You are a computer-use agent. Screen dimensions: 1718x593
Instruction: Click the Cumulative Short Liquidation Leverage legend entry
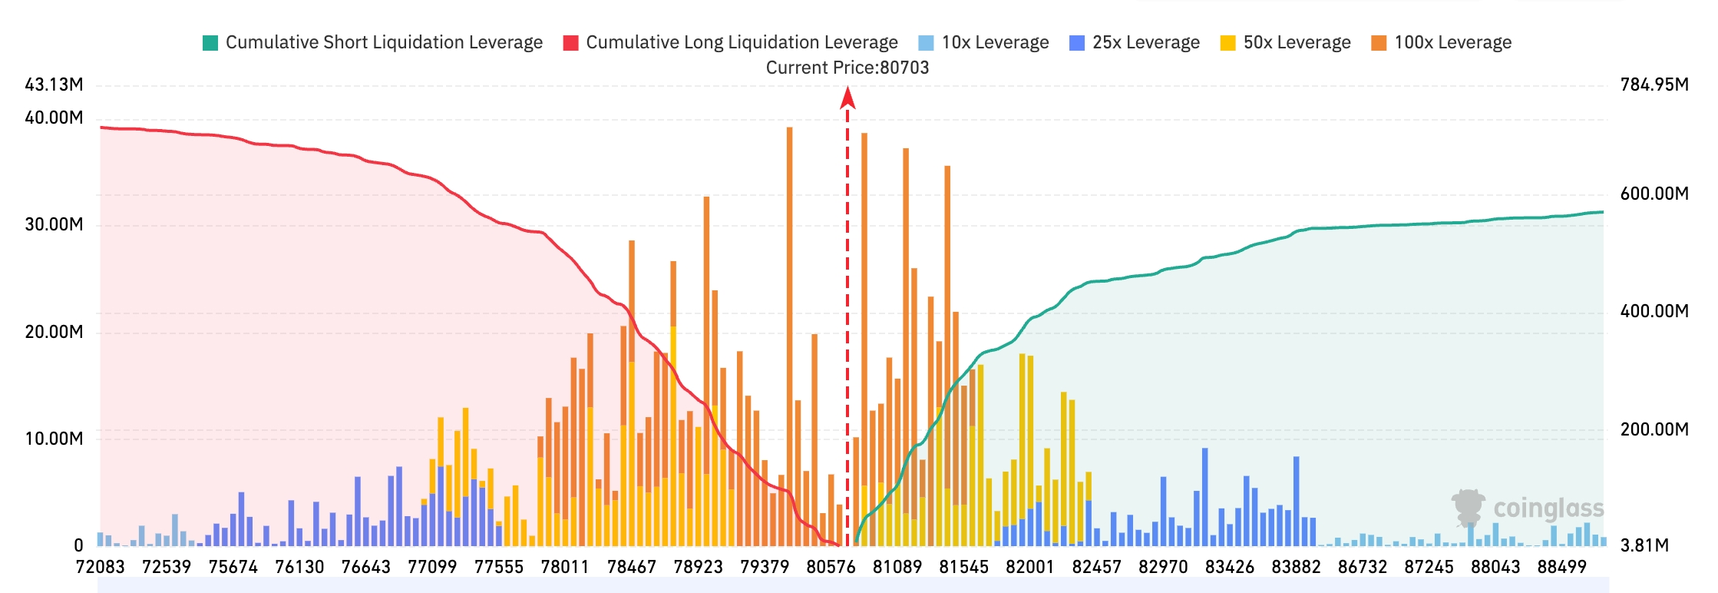[x=372, y=42]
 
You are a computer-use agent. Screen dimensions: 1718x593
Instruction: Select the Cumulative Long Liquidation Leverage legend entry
[x=730, y=42]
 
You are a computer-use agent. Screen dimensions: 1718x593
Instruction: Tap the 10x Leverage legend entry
[x=983, y=42]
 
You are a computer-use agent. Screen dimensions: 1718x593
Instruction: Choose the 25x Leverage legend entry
[x=1134, y=42]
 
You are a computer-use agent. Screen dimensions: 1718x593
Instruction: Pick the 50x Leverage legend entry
[x=1285, y=42]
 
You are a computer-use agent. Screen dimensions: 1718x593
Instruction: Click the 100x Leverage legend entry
[x=1441, y=42]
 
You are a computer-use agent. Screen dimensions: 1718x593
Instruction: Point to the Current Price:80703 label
[x=847, y=68]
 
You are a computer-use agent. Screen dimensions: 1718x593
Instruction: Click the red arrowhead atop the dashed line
[x=847, y=98]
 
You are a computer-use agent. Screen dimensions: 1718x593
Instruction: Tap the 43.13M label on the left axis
[x=54, y=84]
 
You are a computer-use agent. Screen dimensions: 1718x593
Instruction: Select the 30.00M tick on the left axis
[x=54, y=224]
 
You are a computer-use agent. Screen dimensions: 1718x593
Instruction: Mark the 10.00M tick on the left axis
[x=54, y=439]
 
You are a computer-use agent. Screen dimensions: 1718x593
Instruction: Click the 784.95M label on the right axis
[x=1654, y=84]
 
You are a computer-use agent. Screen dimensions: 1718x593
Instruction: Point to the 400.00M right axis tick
[x=1654, y=311]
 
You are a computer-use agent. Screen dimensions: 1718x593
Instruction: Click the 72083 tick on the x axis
[x=100, y=567]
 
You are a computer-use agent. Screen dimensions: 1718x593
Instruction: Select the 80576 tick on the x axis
[x=831, y=567]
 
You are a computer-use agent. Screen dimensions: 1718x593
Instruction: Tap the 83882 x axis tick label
[x=1296, y=567]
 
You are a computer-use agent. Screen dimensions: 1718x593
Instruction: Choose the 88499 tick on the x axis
[x=1561, y=567]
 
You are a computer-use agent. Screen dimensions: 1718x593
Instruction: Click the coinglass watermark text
[x=1548, y=509]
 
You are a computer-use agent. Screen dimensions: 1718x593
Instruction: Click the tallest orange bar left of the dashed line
[x=789, y=336]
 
